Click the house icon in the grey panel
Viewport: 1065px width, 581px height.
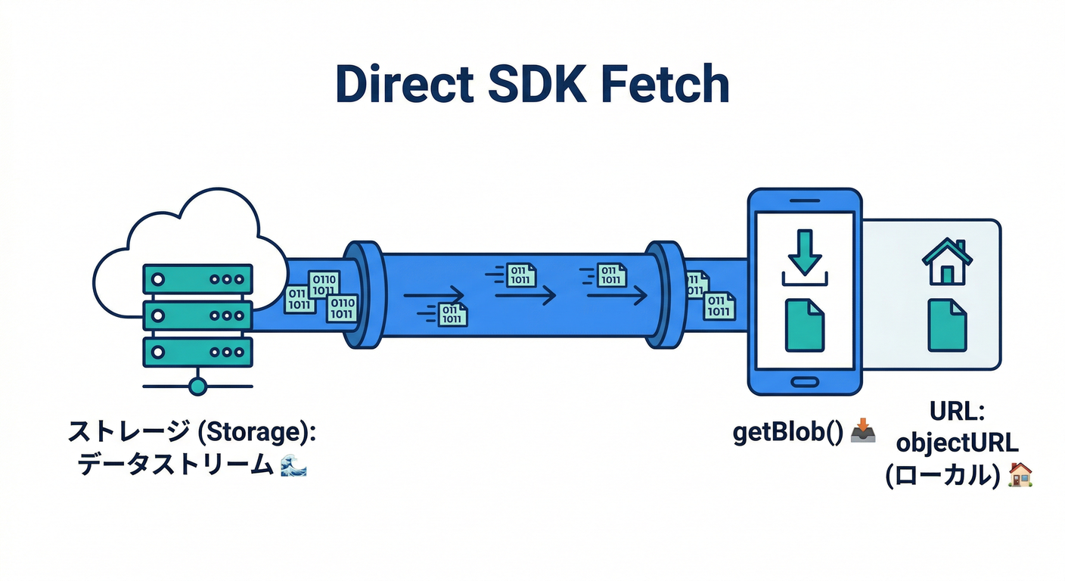(x=946, y=262)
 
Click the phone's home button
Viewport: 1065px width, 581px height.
(x=804, y=378)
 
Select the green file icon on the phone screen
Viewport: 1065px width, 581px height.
(x=804, y=325)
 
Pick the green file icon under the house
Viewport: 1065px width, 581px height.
(x=947, y=325)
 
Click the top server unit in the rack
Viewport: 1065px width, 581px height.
(x=197, y=278)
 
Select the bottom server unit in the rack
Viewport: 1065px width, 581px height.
(x=197, y=352)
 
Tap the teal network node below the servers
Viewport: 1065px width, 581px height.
(x=197, y=387)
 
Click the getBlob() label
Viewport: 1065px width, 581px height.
(x=787, y=434)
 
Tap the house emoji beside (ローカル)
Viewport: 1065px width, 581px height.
(x=1020, y=474)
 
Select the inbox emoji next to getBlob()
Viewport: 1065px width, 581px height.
(x=863, y=433)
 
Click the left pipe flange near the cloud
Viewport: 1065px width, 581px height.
(x=362, y=294)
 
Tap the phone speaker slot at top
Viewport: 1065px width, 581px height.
(x=804, y=200)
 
